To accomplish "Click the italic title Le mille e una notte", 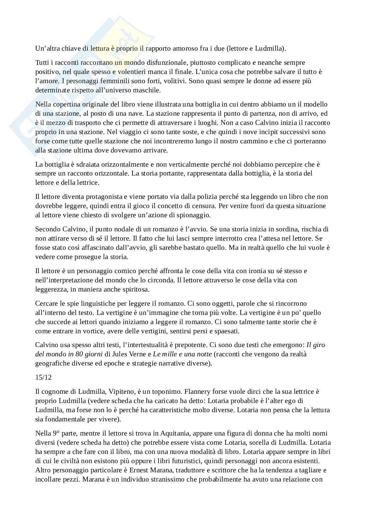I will (183, 354).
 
